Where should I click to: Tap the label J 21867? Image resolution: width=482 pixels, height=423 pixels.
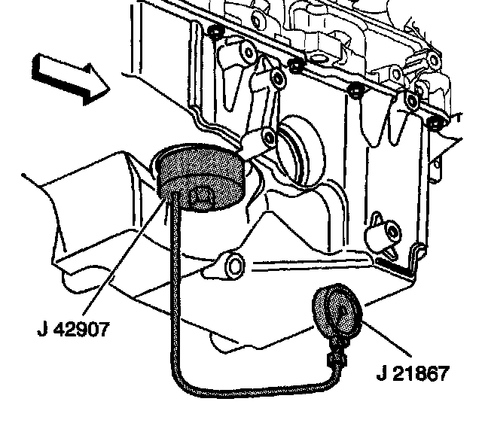click(413, 373)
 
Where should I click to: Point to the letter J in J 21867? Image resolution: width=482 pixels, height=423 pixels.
click(381, 373)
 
